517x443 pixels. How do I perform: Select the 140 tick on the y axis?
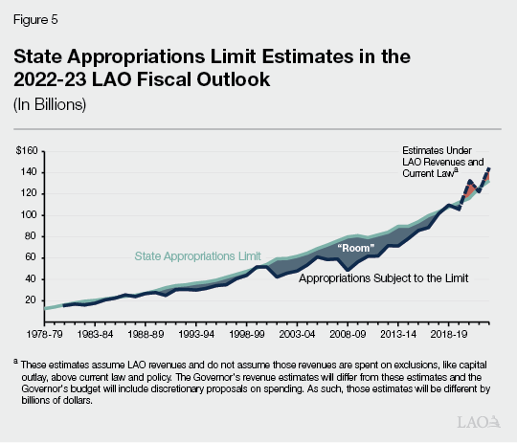tap(30, 172)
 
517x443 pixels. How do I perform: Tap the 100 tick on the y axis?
tap(30, 215)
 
